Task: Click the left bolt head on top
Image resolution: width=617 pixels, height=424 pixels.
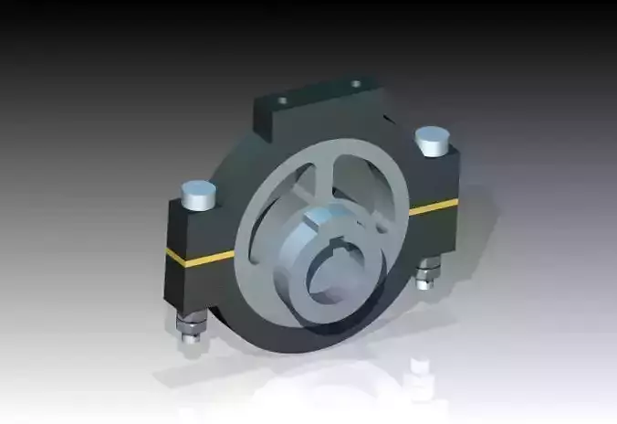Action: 198,193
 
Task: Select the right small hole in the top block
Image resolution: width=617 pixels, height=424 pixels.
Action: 356,85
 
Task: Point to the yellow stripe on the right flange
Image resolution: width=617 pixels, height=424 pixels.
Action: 434,207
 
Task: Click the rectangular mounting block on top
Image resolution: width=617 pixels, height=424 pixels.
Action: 315,105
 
